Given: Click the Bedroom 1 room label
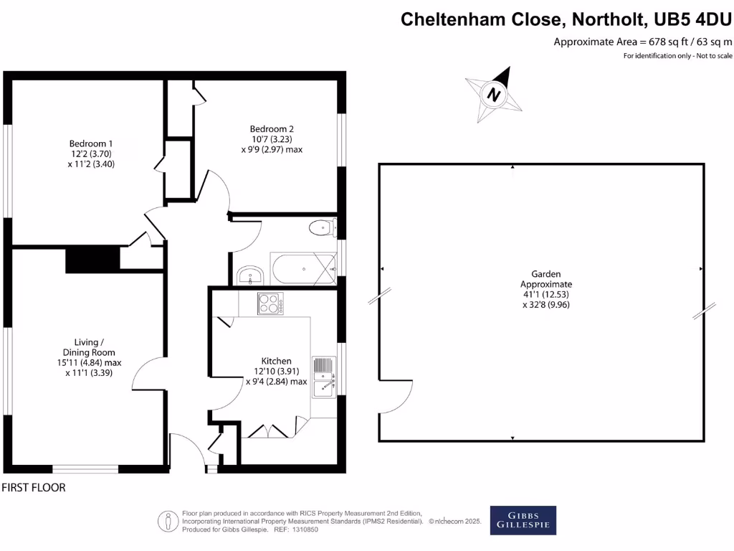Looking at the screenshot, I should (91, 143).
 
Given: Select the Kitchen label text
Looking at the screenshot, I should (276, 361).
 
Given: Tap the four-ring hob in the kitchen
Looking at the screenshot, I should (271, 304).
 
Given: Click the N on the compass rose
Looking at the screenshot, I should (493, 94).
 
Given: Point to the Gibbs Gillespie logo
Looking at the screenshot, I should (523, 521).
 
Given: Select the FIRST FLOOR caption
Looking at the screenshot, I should (34, 488).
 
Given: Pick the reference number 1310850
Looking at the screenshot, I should (303, 529).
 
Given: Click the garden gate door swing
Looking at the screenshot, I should (396, 397).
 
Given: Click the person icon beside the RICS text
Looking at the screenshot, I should (168, 521).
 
